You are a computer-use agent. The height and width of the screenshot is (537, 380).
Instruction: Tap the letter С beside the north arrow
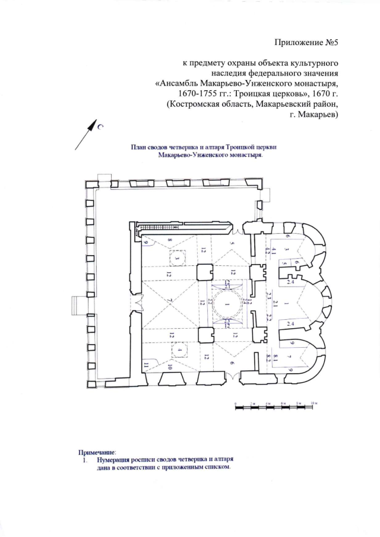(101, 126)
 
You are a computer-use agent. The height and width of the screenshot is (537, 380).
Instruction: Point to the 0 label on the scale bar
(236, 402)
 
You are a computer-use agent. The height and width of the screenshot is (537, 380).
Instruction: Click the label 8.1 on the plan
(268, 355)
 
